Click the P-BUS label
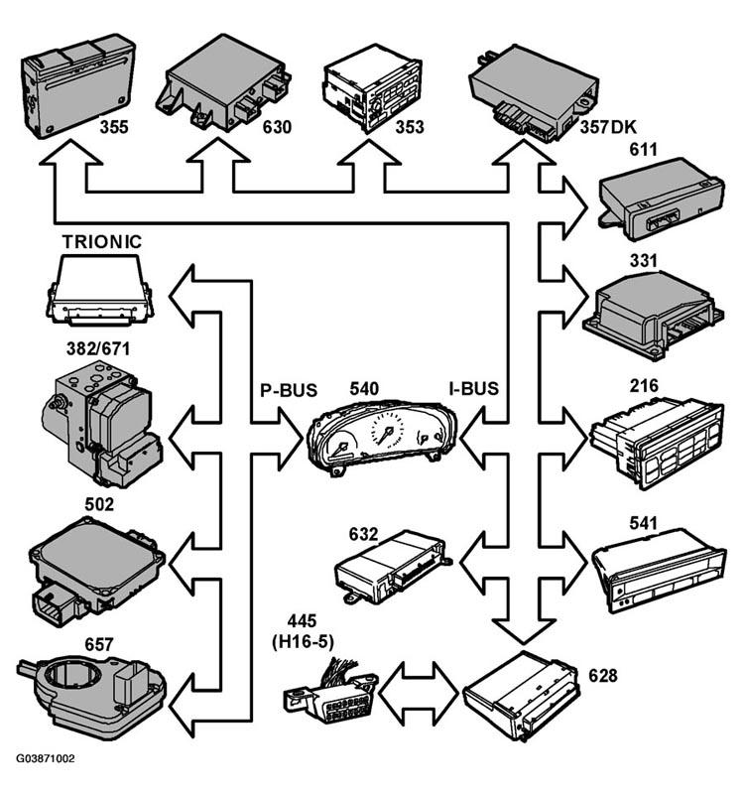tap(289, 390)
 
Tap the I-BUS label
tap(473, 388)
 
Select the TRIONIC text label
tap(102, 241)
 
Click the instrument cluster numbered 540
tap(383, 437)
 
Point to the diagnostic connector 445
tap(330, 689)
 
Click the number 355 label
tap(114, 126)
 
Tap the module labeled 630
tap(223, 82)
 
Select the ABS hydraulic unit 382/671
tap(101, 424)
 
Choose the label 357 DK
tap(608, 126)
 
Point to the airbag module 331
tap(653, 315)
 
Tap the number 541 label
tap(643, 523)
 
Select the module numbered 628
tap(521, 694)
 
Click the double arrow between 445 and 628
tap(420, 693)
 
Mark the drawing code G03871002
tap(46, 758)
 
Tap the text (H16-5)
tap(303, 642)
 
